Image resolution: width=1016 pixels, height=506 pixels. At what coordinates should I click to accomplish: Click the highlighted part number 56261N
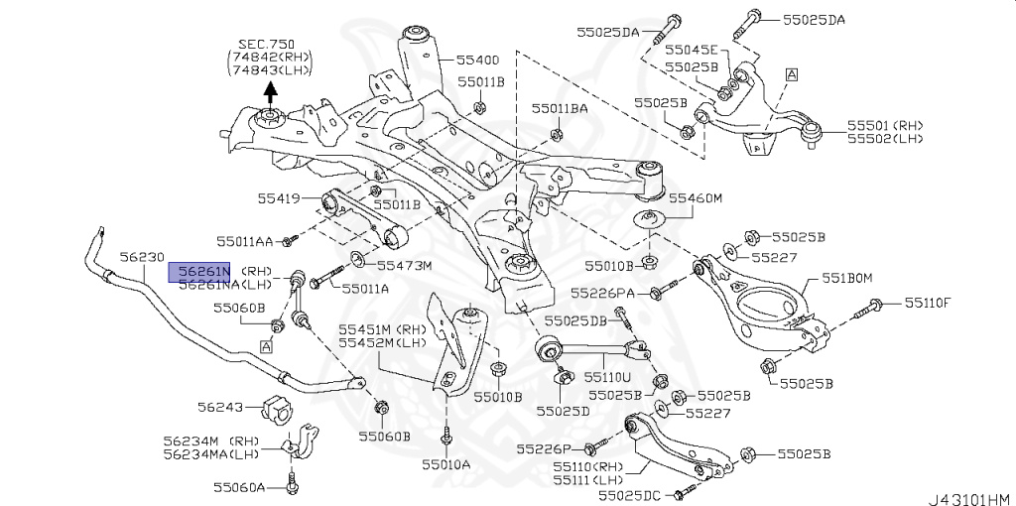click(x=198, y=271)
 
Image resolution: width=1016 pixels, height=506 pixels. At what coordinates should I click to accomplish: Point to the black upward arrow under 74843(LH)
click(x=270, y=94)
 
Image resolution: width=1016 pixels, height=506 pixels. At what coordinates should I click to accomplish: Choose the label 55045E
click(x=690, y=50)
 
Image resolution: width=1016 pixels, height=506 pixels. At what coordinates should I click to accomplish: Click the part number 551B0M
click(x=845, y=278)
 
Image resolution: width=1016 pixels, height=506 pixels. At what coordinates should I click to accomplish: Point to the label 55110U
click(x=606, y=377)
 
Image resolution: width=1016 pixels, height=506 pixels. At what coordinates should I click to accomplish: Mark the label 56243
click(x=219, y=407)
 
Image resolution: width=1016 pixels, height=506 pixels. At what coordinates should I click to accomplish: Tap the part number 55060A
click(x=239, y=487)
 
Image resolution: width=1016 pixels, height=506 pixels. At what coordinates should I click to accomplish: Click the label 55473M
click(x=403, y=266)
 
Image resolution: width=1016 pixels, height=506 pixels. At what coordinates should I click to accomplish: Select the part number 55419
click(x=279, y=199)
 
